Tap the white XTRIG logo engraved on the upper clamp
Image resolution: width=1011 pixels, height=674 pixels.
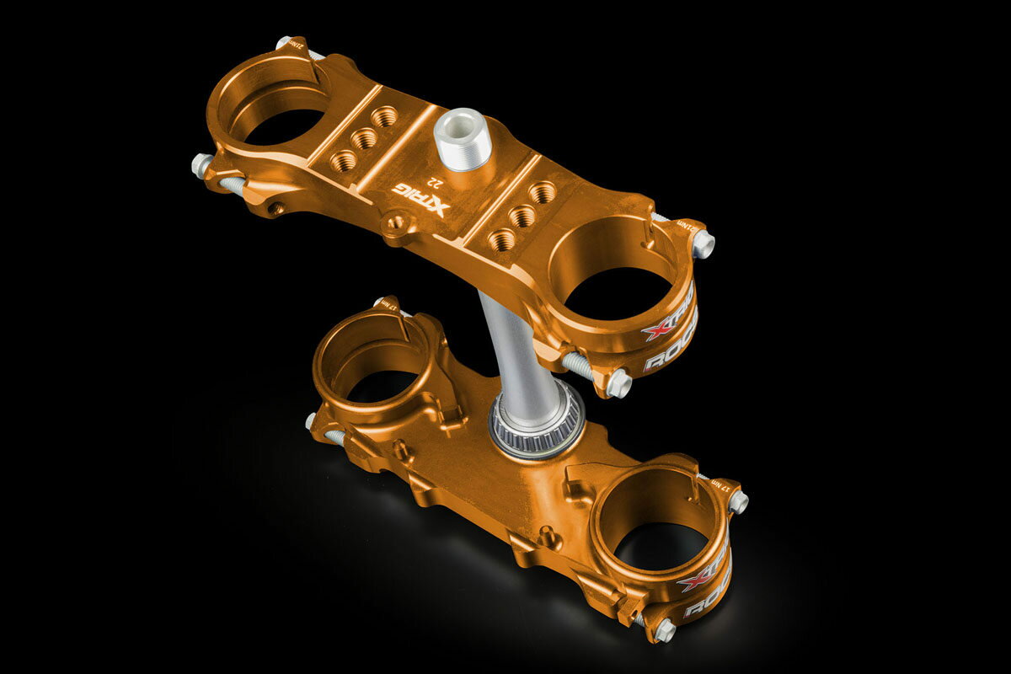click(422, 199)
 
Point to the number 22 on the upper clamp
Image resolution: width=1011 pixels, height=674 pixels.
click(435, 180)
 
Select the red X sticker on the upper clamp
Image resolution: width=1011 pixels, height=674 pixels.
click(660, 329)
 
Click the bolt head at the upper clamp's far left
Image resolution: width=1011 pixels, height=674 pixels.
click(201, 164)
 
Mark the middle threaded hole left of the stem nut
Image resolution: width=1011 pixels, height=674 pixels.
click(364, 138)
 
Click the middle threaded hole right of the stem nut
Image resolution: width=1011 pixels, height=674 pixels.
click(522, 216)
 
